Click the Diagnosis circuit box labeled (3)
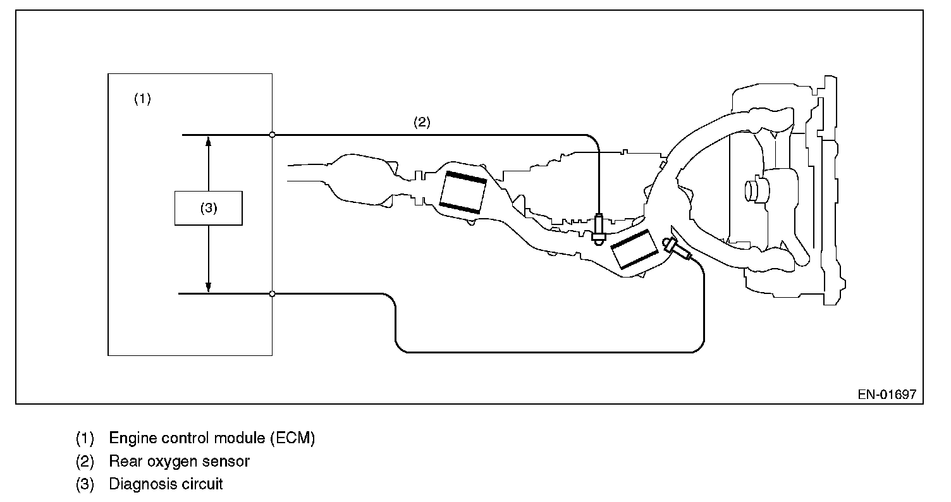[x=208, y=208]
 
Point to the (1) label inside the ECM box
[x=142, y=99]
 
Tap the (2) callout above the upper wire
[x=422, y=123]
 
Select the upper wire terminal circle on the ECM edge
[x=272, y=135]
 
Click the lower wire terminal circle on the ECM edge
[x=272, y=294]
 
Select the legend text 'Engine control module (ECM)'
[x=212, y=438]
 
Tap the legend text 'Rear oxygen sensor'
[x=179, y=462]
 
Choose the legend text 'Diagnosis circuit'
[x=166, y=485]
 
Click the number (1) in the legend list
[x=85, y=438]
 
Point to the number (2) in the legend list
[x=85, y=462]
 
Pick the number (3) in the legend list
[x=85, y=485]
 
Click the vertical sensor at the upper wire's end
[x=598, y=228]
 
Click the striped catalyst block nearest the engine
[x=635, y=249]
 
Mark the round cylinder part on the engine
[x=754, y=190]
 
